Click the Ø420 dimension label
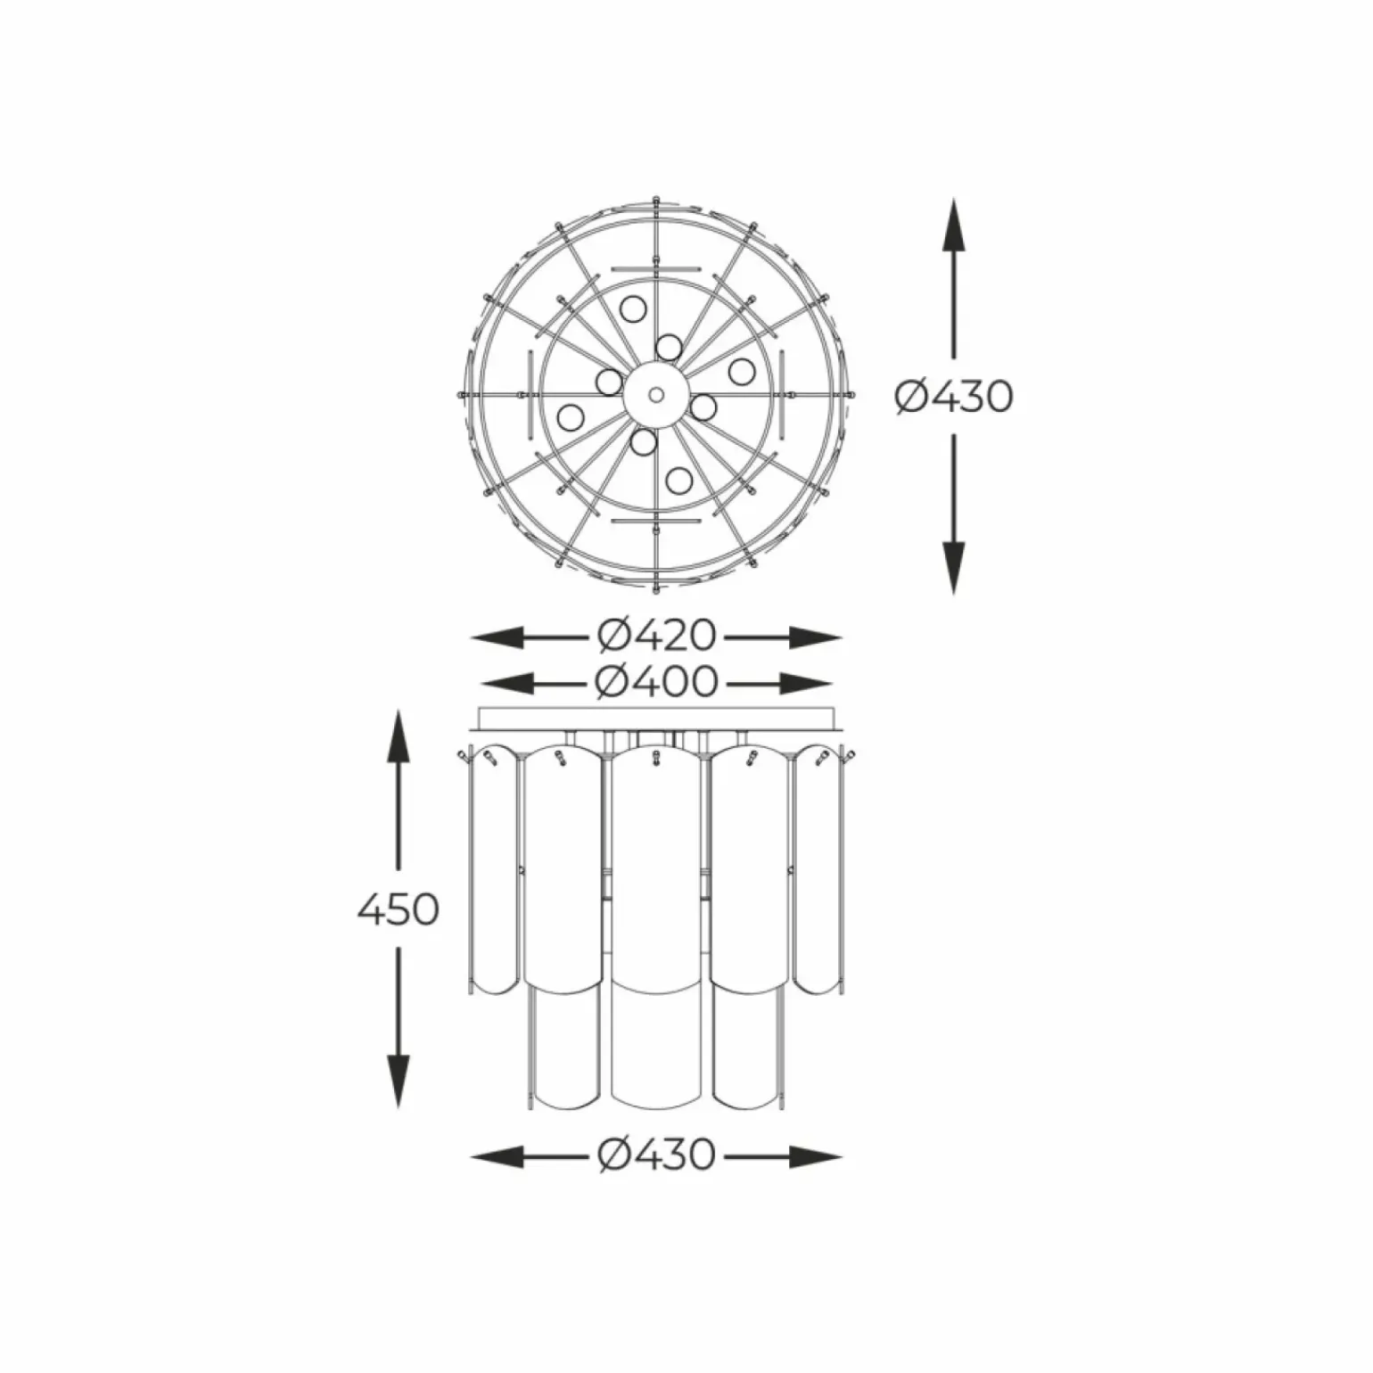tap(656, 636)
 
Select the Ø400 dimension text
tap(656, 682)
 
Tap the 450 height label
tap(398, 909)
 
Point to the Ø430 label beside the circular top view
tap(953, 397)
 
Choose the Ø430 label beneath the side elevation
tap(656, 1155)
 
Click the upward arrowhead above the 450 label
tap(398, 736)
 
